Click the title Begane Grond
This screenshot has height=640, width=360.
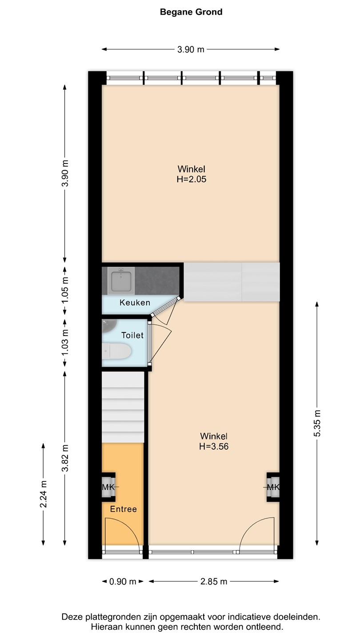191,12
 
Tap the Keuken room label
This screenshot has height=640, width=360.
135,303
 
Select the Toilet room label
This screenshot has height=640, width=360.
132,335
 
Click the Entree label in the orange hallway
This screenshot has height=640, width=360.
124,509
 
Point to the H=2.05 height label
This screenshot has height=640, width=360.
192,179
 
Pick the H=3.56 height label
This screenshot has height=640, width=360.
214,446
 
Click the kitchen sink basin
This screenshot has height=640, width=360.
121,281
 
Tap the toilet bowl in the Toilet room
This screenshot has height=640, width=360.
117,351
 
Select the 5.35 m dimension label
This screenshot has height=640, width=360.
317,423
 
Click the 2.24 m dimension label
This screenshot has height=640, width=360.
43,494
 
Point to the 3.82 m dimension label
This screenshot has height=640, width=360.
65,458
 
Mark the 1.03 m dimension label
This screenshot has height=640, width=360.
65,343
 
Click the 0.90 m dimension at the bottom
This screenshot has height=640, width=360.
123,581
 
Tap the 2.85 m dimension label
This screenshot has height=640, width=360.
214,581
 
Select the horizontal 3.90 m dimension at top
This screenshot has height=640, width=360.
191,49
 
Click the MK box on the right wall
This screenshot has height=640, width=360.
273,487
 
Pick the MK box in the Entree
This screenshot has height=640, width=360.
108,487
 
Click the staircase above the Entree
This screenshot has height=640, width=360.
123,407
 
